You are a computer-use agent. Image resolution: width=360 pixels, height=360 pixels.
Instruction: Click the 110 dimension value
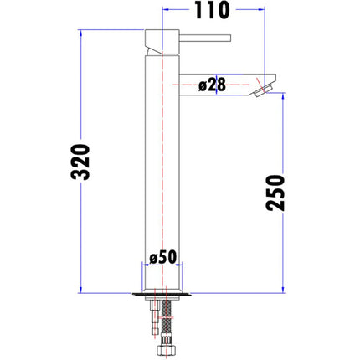[212, 10]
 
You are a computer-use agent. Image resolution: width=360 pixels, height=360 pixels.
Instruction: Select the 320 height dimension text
[80, 162]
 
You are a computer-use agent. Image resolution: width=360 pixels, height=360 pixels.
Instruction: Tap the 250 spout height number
[275, 193]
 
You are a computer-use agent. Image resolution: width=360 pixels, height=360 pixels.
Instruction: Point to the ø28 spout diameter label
[212, 85]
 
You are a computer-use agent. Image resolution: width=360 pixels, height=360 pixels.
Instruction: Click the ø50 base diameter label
[163, 257]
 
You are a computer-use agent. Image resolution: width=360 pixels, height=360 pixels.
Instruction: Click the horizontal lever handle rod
[205, 38]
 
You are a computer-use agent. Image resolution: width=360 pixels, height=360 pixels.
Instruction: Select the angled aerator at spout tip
[262, 90]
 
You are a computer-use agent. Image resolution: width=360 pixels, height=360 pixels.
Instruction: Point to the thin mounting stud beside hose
[155, 317]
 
